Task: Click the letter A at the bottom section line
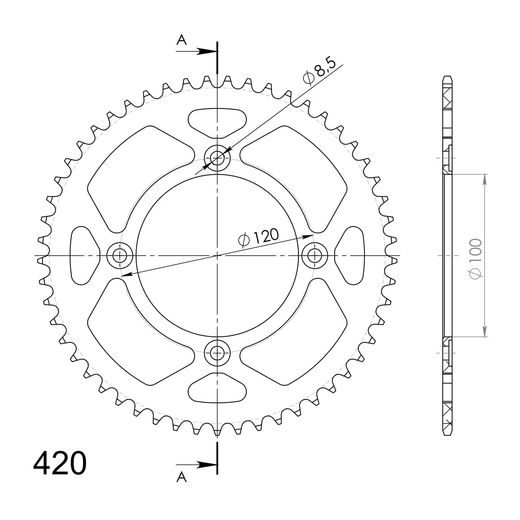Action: click(180, 478)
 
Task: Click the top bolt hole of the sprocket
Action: click(217, 157)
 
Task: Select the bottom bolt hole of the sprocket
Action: click(217, 352)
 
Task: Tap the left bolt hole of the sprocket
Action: click(120, 255)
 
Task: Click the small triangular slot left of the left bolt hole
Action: click(83, 255)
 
